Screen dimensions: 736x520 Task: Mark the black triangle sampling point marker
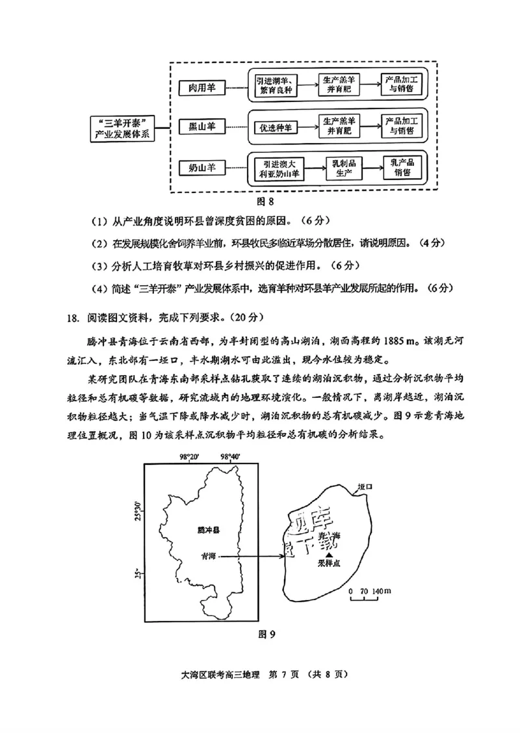329,555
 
